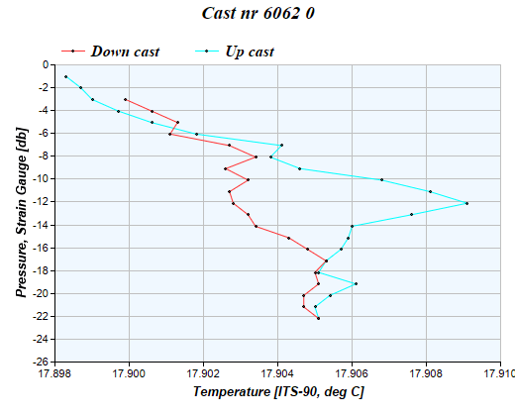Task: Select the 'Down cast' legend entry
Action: (x=125, y=51)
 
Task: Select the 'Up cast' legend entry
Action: (x=248, y=51)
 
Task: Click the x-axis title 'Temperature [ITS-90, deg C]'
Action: (x=278, y=393)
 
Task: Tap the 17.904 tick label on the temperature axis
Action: (x=278, y=374)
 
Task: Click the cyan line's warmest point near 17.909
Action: (x=466, y=203)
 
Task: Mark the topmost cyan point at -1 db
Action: (x=65, y=76)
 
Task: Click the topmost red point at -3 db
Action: (x=125, y=99)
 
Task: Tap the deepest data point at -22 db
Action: (x=318, y=318)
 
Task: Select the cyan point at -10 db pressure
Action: (x=381, y=179)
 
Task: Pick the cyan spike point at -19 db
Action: (x=356, y=283)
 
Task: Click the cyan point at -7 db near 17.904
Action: (x=281, y=146)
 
